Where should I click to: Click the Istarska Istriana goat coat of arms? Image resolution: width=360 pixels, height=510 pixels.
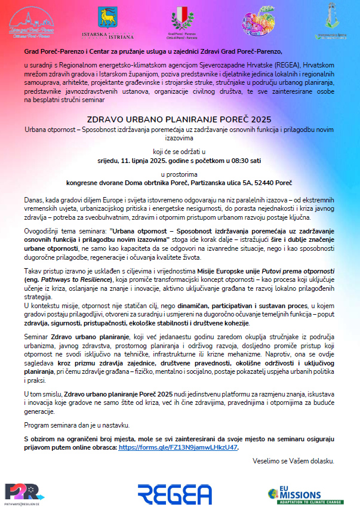(x=109, y=19)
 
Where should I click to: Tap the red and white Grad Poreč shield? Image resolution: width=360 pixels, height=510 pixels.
(x=179, y=19)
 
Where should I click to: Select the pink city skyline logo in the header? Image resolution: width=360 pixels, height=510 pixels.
(x=33, y=21)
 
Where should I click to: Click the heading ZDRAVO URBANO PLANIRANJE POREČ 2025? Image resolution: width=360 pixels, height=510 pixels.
(x=180, y=119)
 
